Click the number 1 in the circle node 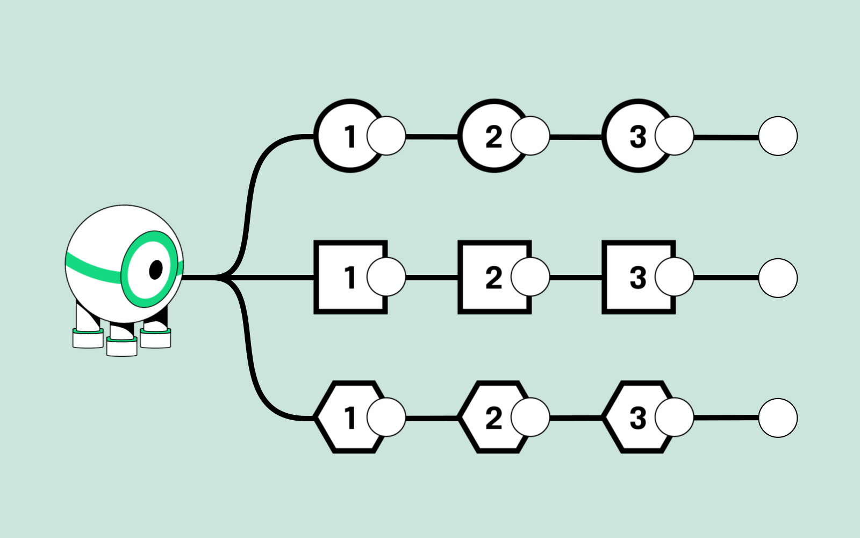(x=350, y=137)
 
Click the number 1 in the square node (x=350, y=278)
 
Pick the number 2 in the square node (x=493, y=278)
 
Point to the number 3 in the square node (x=637, y=278)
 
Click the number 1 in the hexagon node (x=350, y=418)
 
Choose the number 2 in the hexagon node (x=493, y=418)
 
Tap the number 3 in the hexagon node (x=637, y=418)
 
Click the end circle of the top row (x=778, y=136)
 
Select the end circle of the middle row (x=778, y=278)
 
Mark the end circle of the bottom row (x=778, y=418)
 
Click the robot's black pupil (x=156, y=270)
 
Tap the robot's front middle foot (x=122, y=345)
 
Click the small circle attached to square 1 (x=386, y=277)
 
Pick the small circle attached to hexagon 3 (x=675, y=417)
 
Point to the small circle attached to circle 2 (x=531, y=136)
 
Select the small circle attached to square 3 (x=675, y=277)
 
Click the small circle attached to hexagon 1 (x=386, y=417)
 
